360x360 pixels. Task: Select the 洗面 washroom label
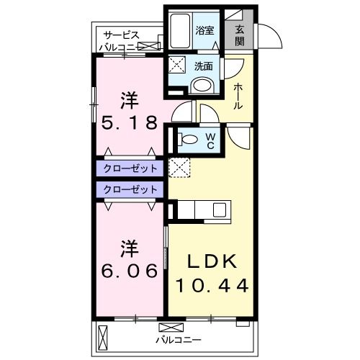click(204, 66)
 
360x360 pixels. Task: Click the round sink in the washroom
click(204, 86)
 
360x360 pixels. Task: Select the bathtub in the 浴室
click(179, 31)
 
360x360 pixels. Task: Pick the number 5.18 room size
click(129, 122)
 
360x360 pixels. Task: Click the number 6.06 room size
click(129, 270)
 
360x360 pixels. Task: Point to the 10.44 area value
click(212, 285)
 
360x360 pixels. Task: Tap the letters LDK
click(212, 261)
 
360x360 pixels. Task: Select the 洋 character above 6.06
click(129, 248)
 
